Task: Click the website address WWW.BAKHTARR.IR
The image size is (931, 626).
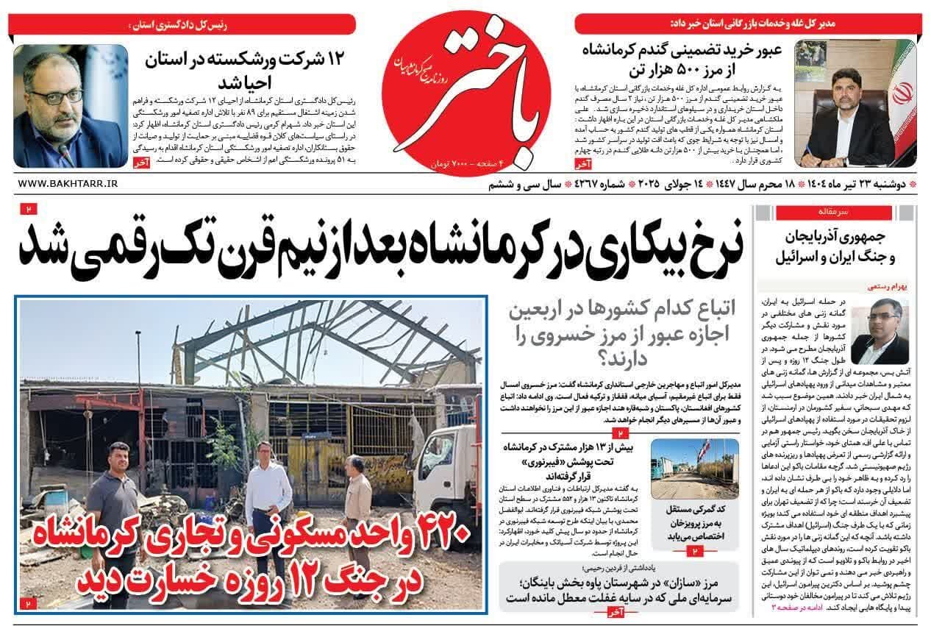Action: coord(66,183)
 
